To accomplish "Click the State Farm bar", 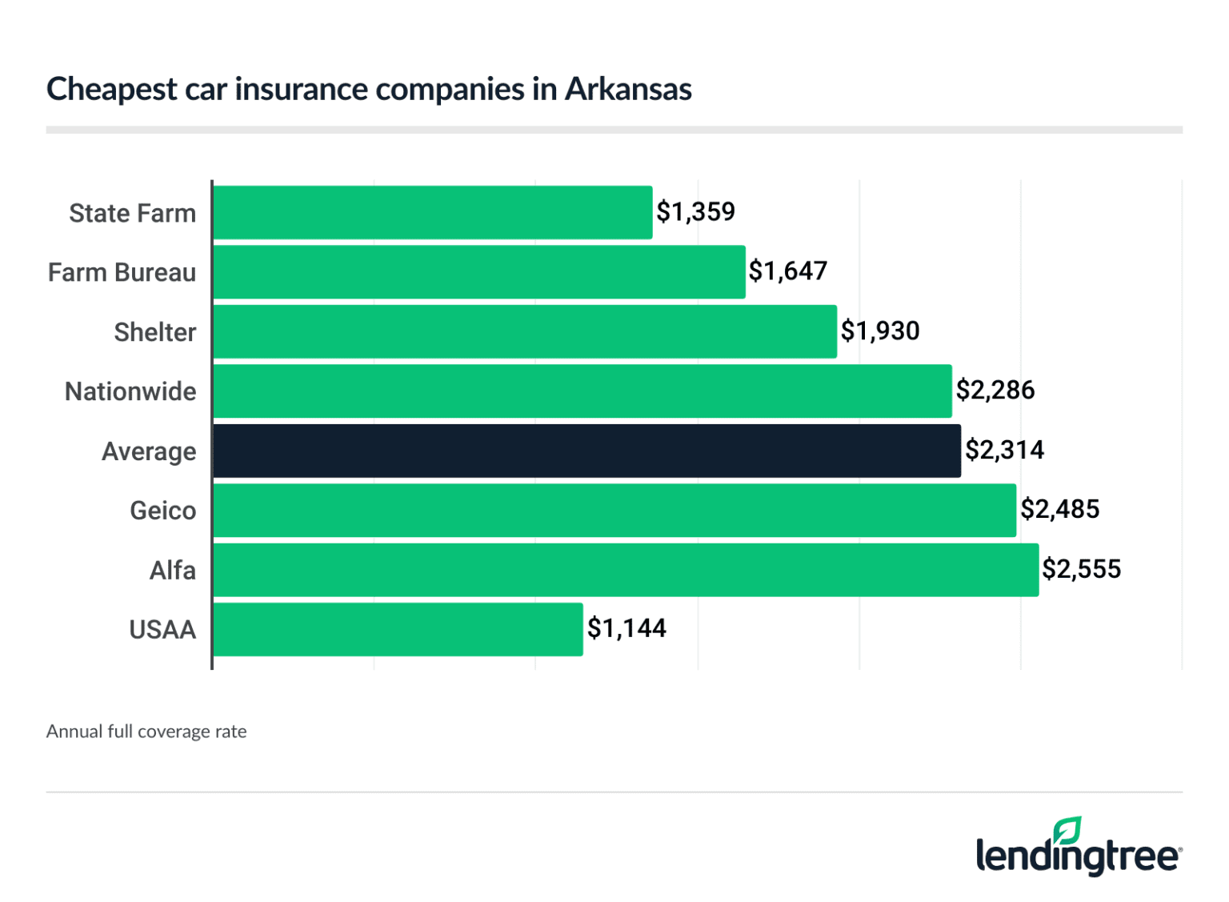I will (x=432, y=212).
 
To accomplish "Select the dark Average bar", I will (x=586, y=451).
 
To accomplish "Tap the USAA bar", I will (x=398, y=629).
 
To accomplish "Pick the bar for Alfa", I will (x=626, y=570).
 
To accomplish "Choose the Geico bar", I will (x=614, y=510).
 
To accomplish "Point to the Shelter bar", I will (x=525, y=331).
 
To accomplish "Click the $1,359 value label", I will (x=695, y=212).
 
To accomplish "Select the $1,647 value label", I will (x=787, y=271).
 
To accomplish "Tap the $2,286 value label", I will (x=995, y=391).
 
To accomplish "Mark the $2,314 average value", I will (x=1004, y=450).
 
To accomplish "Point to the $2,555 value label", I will (x=1081, y=569).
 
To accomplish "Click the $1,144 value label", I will (x=627, y=628).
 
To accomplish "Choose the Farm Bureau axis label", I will (x=122, y=273).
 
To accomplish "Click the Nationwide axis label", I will (x=130, y=391).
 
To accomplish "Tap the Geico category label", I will (x=162, y=511).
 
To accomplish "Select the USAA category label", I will (x=162, y=630).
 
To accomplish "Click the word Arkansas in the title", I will (x=628, y=89).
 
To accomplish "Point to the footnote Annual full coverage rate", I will (x=146, y=732).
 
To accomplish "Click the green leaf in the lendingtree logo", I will (x=1067, y=830).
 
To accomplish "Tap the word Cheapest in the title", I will (x=111, y=89).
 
